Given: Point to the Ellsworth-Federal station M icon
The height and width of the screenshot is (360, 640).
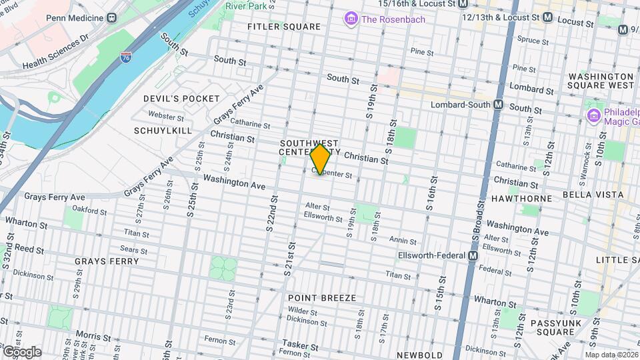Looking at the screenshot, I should (473, 255).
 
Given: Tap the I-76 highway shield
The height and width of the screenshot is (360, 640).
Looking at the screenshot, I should (126, 58).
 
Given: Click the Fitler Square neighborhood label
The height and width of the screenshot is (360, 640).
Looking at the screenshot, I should (283, 27).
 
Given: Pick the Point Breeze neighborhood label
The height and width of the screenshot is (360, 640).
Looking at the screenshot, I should (322, 297).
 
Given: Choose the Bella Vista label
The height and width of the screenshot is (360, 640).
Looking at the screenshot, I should (593, 195).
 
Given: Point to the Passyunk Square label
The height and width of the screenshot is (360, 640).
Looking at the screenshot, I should (553, 327).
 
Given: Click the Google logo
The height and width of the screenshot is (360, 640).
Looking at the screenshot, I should (21, 351).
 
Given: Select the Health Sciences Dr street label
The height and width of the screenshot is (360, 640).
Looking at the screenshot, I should (55, 52).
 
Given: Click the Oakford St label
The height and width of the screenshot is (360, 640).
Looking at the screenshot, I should (89, 212).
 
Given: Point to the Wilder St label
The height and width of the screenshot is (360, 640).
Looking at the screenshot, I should (303, 311).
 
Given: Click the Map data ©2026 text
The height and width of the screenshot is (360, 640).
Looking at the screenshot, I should (611, 355).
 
